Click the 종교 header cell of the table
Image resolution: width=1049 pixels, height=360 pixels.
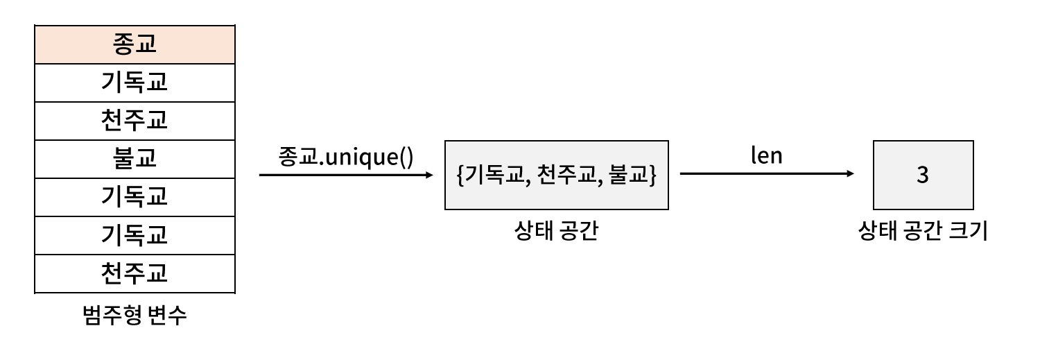(x=135, y=44)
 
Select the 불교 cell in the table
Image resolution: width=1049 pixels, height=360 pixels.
(x=135, y=159)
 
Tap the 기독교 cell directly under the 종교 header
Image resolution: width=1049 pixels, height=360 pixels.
(x=135, y=83)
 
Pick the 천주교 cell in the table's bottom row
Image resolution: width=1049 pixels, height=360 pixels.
(x=135, y=273)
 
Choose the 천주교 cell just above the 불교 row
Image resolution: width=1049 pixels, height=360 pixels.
(x=135, y=121)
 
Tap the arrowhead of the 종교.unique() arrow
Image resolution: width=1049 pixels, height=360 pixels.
(x=429, y=175)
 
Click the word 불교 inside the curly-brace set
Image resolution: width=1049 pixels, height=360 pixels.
(x=625, y=175)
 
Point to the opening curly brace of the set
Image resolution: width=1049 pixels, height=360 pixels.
(x=460, y=175)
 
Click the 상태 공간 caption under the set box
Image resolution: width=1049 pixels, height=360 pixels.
(x=556, y=231)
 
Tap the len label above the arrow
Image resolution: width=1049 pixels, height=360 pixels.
(x=766, y=155)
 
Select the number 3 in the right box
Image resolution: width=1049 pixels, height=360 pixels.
(x=923, y=175)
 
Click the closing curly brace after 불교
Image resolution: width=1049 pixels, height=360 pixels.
(x=652, y=175)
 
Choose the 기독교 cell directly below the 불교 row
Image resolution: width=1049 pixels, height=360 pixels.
(x=135, y=197)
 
